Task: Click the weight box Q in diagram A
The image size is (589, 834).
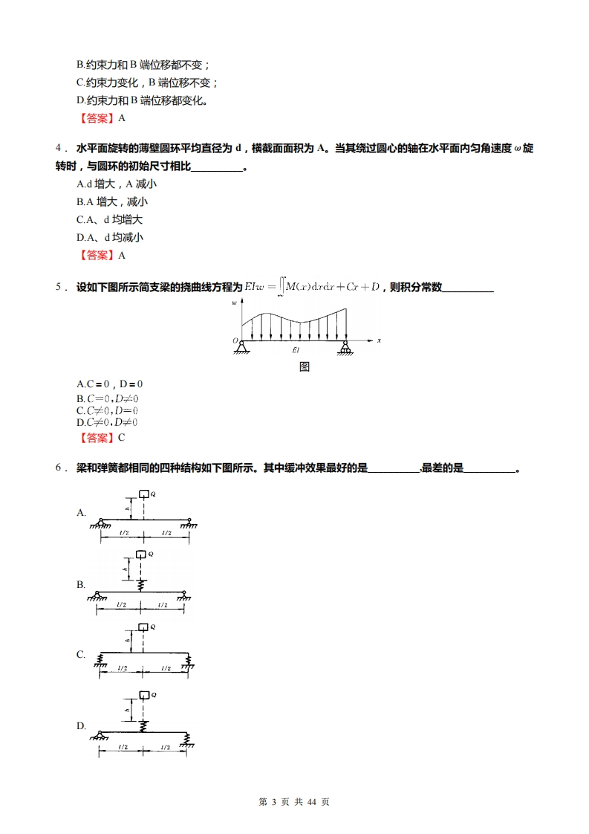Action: [x=144, y=493]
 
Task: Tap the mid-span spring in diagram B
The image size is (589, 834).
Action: [x=140, y=584]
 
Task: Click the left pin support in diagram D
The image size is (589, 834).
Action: [x=100, y=736]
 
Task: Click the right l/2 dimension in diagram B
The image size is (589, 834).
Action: [x=162, y=605]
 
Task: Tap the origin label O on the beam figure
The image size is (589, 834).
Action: [x=235, y=340]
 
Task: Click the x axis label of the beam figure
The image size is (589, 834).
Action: [x=379, y=340]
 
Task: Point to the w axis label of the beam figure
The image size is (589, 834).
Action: [x=235, y=303]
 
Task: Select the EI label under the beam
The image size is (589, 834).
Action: [x=296, y=349]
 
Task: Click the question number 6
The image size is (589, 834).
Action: [x=59, y=468]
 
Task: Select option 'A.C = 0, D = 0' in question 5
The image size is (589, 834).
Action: [x=109, y=384]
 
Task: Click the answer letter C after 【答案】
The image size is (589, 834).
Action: [x=121, y=437]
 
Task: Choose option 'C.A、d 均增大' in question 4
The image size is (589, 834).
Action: [x=109, y=219]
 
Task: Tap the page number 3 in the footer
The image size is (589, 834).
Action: [x=273, y=802]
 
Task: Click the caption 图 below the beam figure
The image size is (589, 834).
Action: [x=304, y=366]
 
